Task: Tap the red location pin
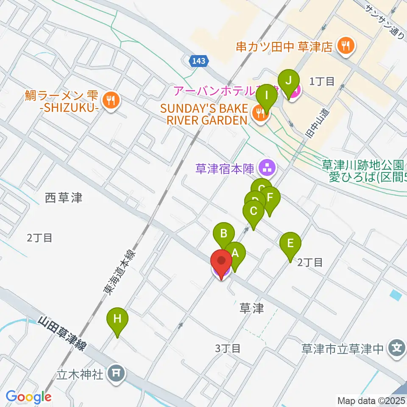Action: pyautogui.click(x=221, y=263)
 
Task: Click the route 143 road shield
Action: pyautogui.click(x=198, y=61)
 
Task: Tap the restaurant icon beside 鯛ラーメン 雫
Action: pyautogui.click(x=111, y=100)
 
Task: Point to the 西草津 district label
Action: pyautogui.click(x=64, y=197)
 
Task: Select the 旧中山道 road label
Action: pyautogui.click(x=315, y=123)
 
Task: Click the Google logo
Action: pyautogui.click(x=28, y=396)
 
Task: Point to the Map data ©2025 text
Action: pyautogui.click(x=371, y=400)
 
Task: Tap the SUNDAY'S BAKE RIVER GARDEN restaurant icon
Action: pyautogui.click(x=258, y=113)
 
